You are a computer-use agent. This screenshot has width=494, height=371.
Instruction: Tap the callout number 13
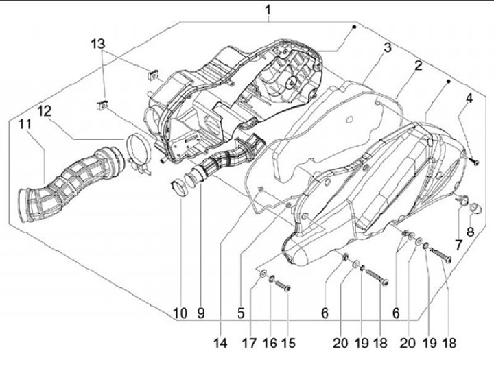(x=99, y=43)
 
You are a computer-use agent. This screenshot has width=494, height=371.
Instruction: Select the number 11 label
(x=25, y=124)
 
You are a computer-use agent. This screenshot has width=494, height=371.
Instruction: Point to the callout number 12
(x=44, y=111)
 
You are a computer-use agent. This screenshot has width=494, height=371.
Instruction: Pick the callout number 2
(x=416, y=66)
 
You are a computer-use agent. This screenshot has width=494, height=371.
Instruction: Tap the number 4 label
(x=469, y=98)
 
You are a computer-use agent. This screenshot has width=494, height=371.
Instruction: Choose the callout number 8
(x=471, y=231)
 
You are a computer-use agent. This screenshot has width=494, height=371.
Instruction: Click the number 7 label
(x=456, y=244)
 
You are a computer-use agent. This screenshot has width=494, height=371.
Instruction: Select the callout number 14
(x=221, y=342)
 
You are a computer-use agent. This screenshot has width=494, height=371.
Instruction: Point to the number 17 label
(x=250, y=342)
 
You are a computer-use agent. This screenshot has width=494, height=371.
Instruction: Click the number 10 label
(x=180, y=313)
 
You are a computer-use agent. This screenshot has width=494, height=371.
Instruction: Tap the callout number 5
(x=241, y=313)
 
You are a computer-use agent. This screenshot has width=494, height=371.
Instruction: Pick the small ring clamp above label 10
(x=180, y=186)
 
